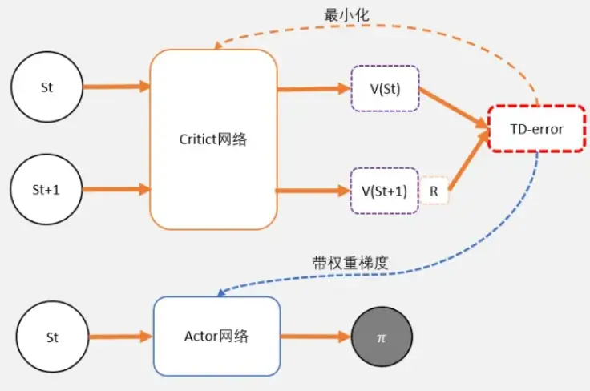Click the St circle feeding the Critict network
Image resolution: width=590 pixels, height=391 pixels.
pyautogui.click(x=47, y=87)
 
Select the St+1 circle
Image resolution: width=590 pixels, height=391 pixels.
pyautogui.click(x=47, y=190)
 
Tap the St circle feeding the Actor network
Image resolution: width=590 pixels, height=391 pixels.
pyautogui.click(x=52, y=337)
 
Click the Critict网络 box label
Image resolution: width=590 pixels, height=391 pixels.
pyautogui.click(x=213, y=139)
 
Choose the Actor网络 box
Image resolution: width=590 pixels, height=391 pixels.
pyautogui.click(x=216, y=337)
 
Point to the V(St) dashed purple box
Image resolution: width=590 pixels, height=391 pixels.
pyautogui.click(x=385, y=88)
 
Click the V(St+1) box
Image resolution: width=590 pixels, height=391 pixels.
pyautogui.click(x=385, y=191)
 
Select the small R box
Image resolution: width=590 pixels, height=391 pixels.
pyautogui.click(x=434, y=191)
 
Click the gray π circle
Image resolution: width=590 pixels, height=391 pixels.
pyautogui.click(x=382, y=337)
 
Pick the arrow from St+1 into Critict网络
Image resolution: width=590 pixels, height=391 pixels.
pyautogui.click(x=116, y=190)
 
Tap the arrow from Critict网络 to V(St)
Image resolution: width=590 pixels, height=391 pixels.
pyautogui.click(x=313, y=89)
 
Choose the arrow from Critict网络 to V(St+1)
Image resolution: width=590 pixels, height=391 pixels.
pyautogui.click(x=313, y=191)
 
